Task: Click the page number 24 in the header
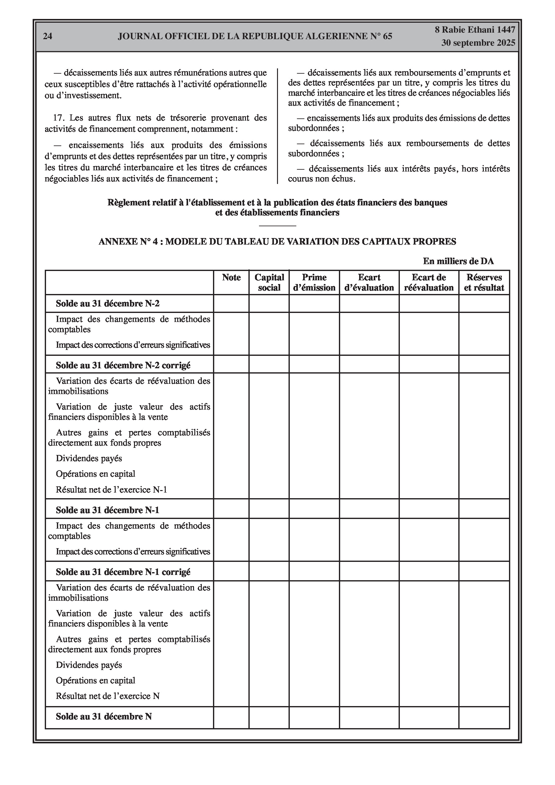[x=48, y=36]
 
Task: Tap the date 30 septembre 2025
[x=478, y=43]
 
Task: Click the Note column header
[x=231, y=277]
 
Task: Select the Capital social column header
[x=269, y=282]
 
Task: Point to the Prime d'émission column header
[x=314, y=282]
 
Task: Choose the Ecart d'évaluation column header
[x=369, y=282]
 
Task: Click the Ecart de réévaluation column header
[x=429, y=282]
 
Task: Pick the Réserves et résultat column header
[x=484, y=282]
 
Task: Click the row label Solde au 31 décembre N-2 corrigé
[x=123, y=365]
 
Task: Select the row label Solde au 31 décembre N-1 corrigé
[x=123, y=572]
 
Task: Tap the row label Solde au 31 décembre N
[x=104, y=717]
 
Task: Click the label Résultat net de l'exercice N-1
[x=111, y=489]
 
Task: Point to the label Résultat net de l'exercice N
[x=108, y=696]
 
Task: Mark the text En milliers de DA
[x=458, y=261]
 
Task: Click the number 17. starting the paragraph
[x=59, y=118]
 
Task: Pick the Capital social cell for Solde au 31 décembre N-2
[x=269, y=304]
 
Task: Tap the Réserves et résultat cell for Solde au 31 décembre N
[x=484, y=717]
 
